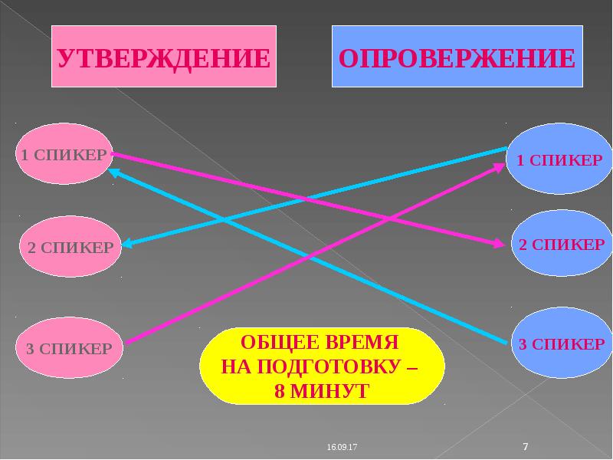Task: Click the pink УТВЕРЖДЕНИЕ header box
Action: [x=163, y=57]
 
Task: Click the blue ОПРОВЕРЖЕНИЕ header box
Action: [x=457, y=57]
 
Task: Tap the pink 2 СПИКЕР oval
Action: [x=70, y=247]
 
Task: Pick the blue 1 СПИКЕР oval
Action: [x=559, y=160]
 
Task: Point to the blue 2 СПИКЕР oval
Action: [x=560, y=245]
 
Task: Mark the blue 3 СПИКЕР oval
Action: [x=560, y=343]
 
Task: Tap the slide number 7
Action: [x=526, y=445]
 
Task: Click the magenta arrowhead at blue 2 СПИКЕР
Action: [x=500, y=244]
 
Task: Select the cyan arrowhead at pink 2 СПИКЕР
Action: [x=127, y=245]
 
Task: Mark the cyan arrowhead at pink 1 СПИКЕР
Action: [x=113, y=172]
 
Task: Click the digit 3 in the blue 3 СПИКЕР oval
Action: [x=522, y=343]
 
